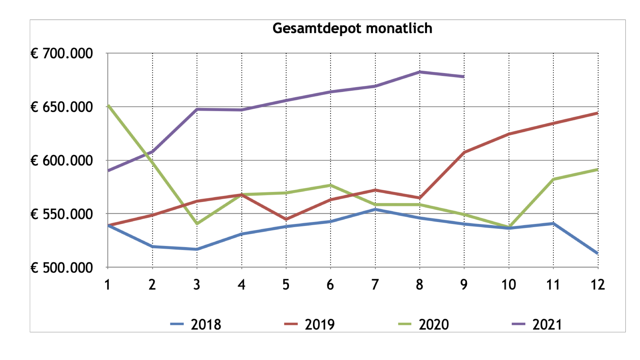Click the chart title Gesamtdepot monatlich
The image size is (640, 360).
pos(352,28)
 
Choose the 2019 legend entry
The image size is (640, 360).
pos(310,324)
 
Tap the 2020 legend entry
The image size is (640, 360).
pos(424,324)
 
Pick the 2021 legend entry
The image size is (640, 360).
pos(537,324)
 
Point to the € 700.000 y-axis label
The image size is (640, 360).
pos(62,53)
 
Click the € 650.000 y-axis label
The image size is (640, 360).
pos(62,107)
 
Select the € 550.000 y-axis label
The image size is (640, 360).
pos(62,214)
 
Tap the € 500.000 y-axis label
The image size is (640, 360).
pos(62,268)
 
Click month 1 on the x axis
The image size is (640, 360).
pos(107,285)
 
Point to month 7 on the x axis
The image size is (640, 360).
pos(375,285)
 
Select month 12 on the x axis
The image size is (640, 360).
pos(598,285)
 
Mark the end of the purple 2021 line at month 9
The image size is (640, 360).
pos(464,77)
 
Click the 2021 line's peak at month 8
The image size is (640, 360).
pos(420,72)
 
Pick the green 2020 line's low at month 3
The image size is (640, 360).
pos(197,224)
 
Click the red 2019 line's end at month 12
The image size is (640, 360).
pos(597,113)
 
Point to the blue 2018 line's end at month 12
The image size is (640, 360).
pos(597,253)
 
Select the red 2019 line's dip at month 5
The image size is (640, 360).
pos(286,219)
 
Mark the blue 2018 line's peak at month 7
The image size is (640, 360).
pos(375,209)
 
